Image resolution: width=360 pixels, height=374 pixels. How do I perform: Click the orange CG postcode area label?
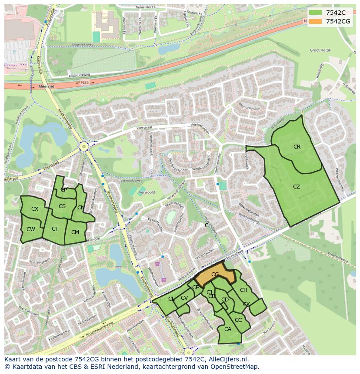(x=215, y=275)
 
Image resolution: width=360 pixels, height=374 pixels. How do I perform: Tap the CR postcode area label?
(x=297, y=147)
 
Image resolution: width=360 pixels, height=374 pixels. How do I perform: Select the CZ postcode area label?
(x=297, y=187)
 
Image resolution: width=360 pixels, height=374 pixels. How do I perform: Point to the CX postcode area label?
(x=35, y=209)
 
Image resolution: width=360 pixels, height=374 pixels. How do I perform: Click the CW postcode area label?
(x=30, y=229)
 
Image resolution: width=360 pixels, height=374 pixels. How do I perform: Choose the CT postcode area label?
(x=55, y=229)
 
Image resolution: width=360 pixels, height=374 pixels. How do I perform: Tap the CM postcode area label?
(x=75, y=232)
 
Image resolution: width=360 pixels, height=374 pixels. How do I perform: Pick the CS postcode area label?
(x=62, y=206)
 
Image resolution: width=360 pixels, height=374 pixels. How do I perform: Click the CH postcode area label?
(x=243, y=290)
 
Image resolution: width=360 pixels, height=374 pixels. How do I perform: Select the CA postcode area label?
(x=228, y=329)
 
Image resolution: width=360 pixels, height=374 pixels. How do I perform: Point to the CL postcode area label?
(x=171, y=299)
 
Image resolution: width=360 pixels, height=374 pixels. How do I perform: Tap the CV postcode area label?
(x=184, y=298)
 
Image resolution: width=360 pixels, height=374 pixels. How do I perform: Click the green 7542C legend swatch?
(x=315, y=12)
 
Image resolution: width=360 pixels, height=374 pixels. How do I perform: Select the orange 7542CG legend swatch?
(x=315, y=21)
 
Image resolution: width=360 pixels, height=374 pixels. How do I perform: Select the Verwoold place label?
(x=147, y=192)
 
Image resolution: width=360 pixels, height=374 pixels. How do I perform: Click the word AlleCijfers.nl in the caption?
(x=228, y=359)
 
